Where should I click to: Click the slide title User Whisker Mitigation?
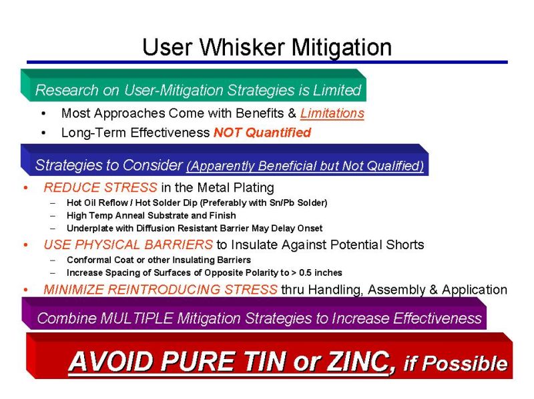click(266, 47)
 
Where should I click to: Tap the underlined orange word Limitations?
click(332, 113)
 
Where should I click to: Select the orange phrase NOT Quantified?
click(262, 133)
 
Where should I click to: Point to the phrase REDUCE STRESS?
click(100, 187)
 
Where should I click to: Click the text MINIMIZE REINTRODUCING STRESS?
click(160, 290)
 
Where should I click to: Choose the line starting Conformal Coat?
click(159, 260)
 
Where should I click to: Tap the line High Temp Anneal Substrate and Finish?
click(151, 215)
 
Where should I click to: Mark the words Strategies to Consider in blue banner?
click(108, 165)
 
